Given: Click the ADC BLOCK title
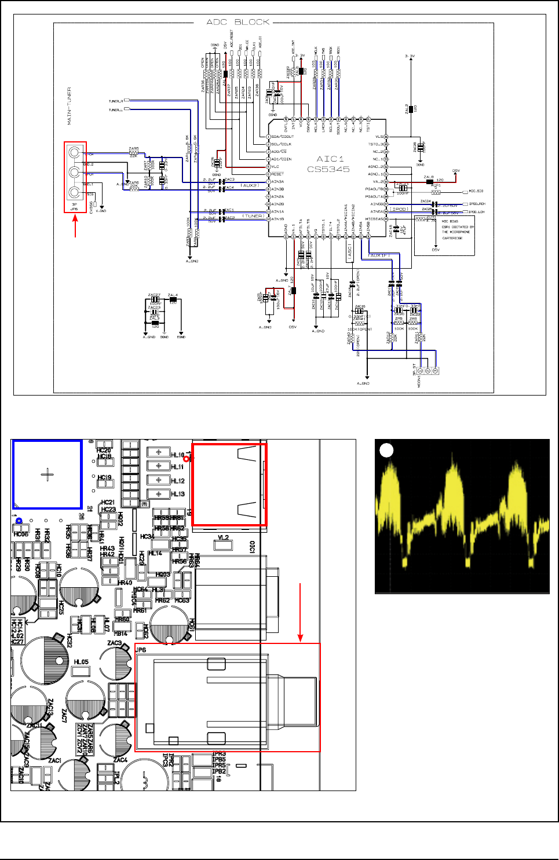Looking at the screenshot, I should click(x=238, y=22).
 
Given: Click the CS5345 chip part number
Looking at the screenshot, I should click(x=328, y=169).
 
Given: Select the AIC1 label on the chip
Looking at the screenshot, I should click(x=330, y=159).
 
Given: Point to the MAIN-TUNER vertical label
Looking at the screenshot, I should click(x=70, y=106).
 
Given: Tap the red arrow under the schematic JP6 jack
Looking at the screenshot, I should click(x=75, y=226).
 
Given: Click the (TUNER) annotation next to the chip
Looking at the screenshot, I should click(x=253, y=216).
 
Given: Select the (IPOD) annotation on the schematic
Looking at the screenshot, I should click(x=399, y=209).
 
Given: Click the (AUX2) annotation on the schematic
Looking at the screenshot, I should click(x=250, y=185).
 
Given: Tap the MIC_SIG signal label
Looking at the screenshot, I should click(x=476, y=191).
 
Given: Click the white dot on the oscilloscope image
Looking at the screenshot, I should click(x=386, y=450).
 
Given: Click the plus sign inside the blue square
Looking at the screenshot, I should click(x=48, y=475).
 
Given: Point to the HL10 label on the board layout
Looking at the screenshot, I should click(x=178, y=455).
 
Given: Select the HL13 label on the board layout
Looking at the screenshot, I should click(x=178, y=494).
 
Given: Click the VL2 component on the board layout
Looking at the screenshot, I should click(x=223, y=538).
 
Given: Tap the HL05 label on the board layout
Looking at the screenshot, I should click(x=81, y=662).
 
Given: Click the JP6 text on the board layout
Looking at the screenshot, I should click(x=141, y=650).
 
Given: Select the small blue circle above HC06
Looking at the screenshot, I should click(x=19, y=521).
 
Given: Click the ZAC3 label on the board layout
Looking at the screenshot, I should click(x=115, y=643).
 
